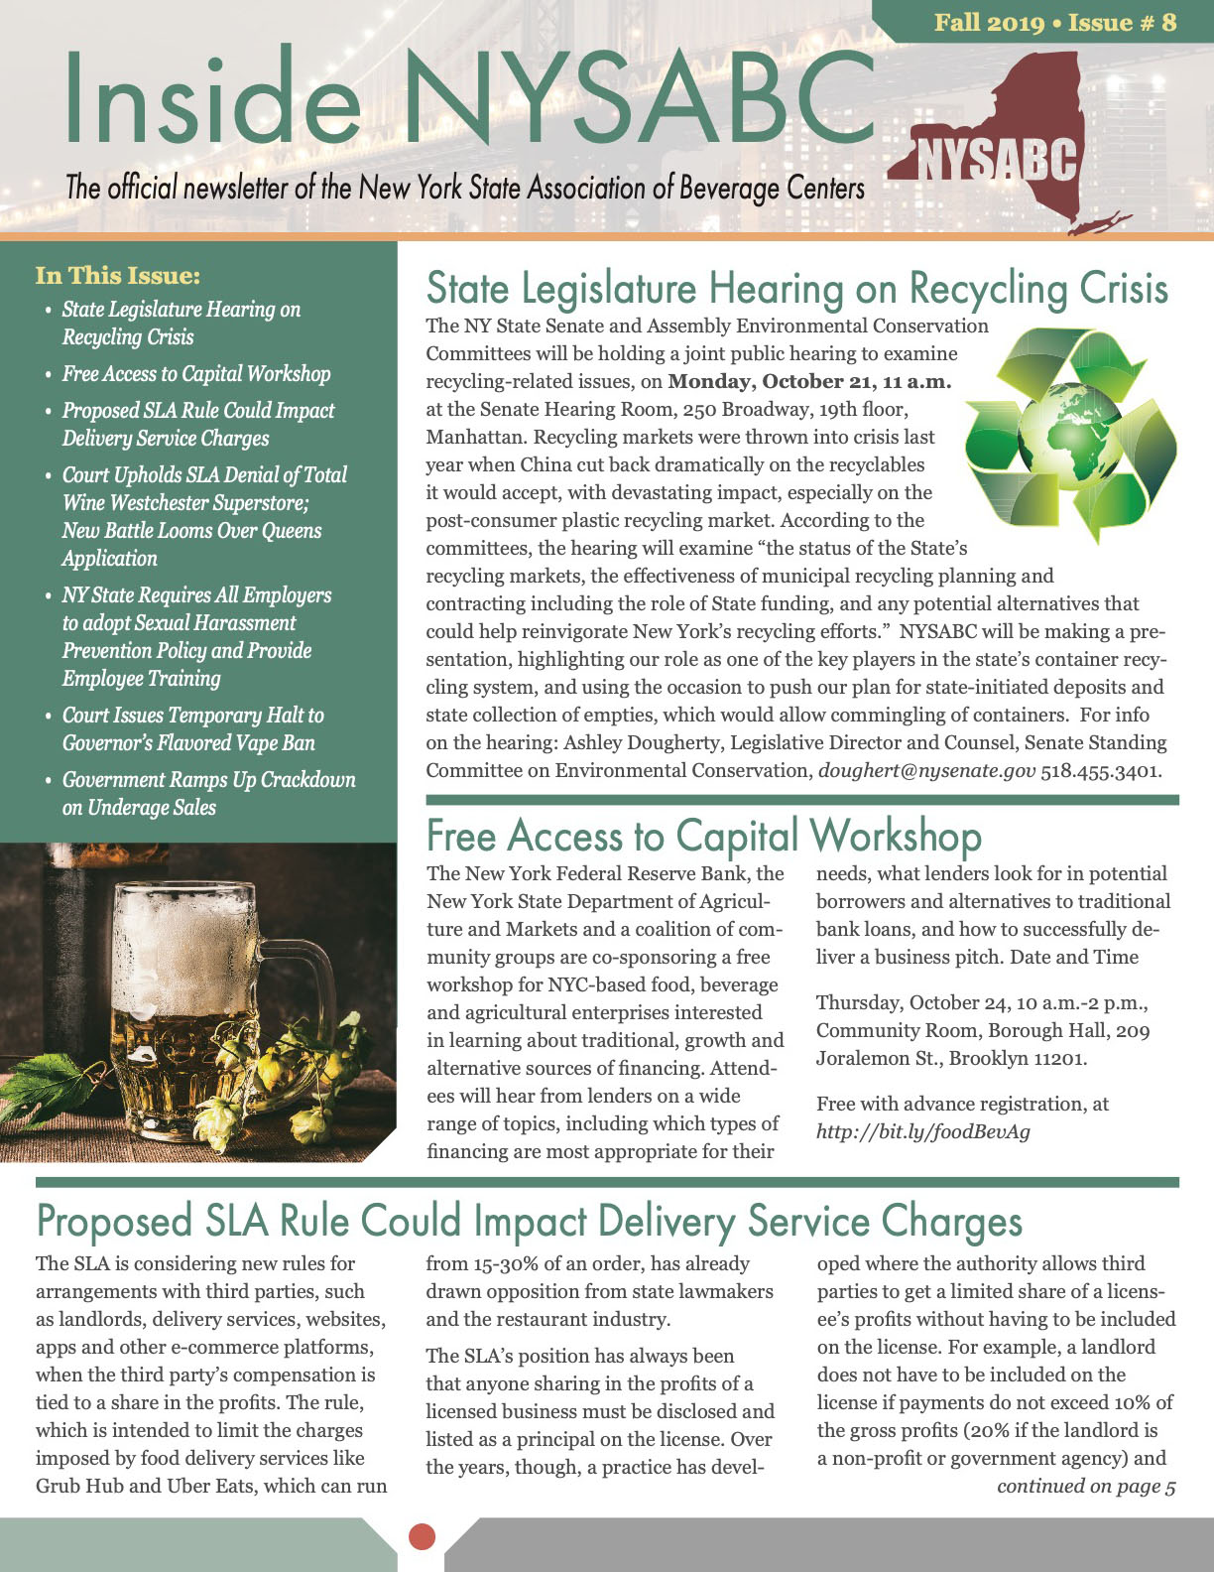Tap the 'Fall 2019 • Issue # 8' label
click(1054, 22)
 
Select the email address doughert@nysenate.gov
click(926, 770)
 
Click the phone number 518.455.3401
click(1100, 770)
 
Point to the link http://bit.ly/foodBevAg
click(922, 1131)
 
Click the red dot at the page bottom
click(423, 1535)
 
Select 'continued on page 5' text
click(1086, 1486)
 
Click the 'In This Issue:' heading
click(117, 275)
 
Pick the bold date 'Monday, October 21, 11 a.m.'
click(809, 381)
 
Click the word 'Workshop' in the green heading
click(896, 836)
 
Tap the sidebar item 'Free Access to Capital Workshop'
click(196, 374)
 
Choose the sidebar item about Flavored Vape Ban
click(192, 729)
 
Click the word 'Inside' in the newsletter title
click(213, 97)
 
